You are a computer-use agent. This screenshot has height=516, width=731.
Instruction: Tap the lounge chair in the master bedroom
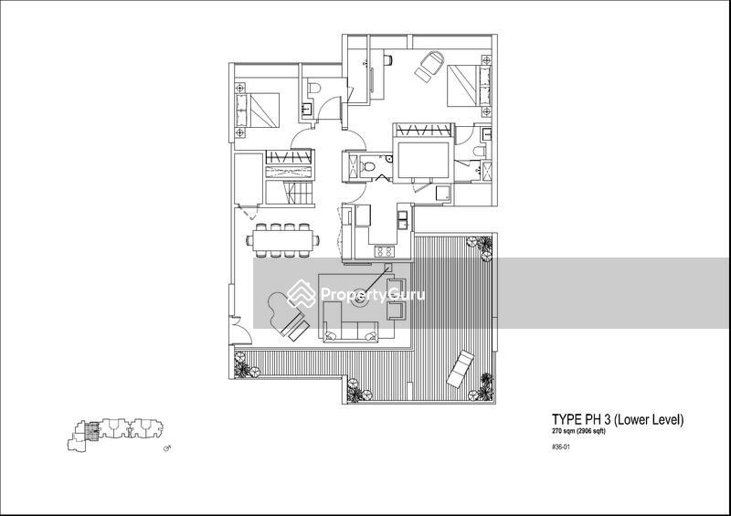point(429,65)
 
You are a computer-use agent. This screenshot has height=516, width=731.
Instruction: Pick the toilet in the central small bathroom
point(367,166)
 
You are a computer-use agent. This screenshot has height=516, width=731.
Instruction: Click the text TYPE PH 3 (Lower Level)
point(617,419)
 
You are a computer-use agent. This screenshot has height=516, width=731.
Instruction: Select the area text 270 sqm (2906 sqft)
point(578,431)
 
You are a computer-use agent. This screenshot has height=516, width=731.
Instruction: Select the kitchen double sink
point(400,219)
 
